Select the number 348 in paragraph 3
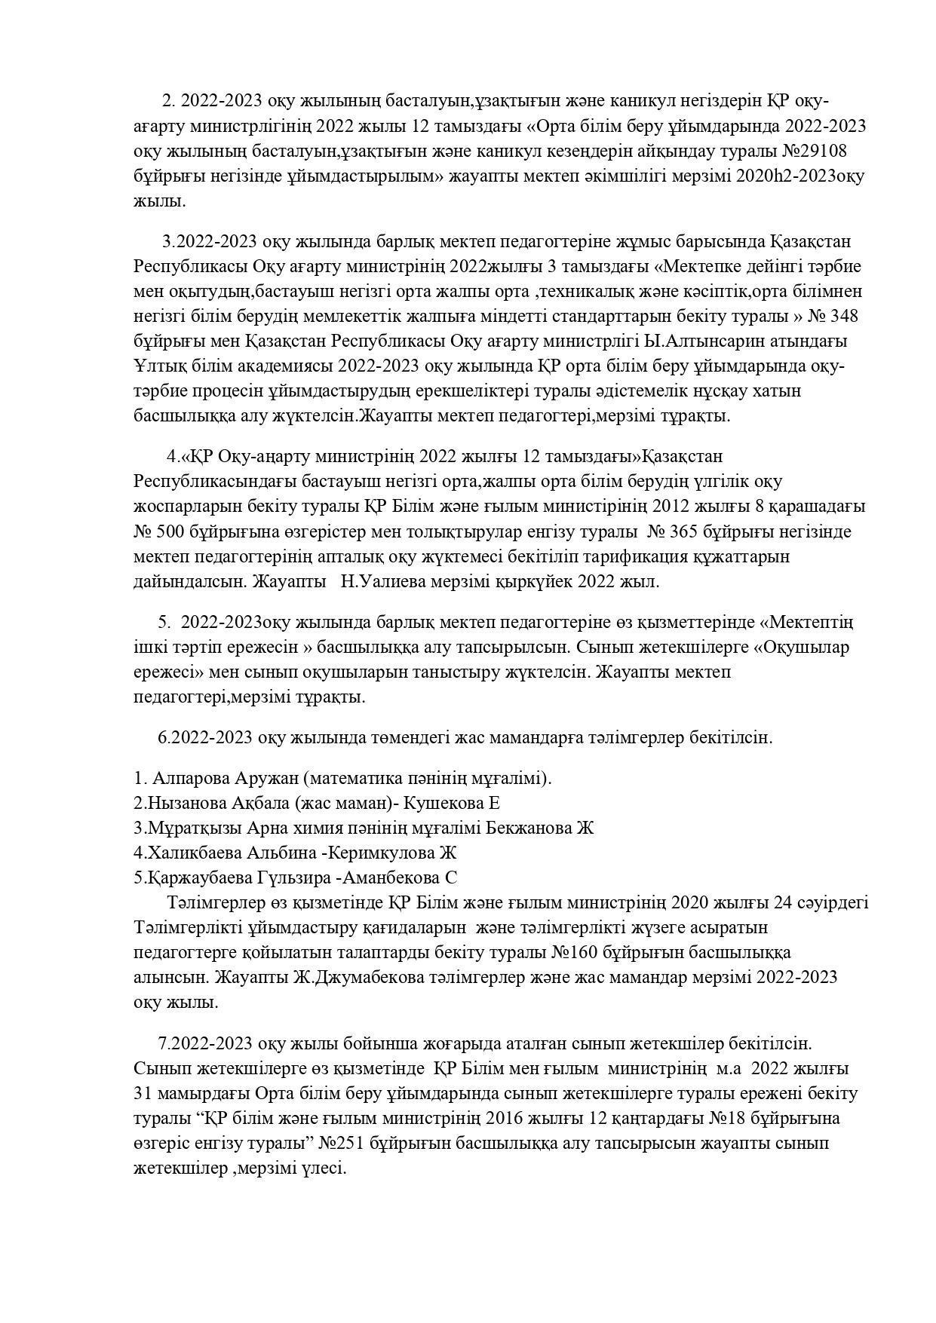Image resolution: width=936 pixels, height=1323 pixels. tap(842, 316)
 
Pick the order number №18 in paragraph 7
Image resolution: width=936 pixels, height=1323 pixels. tap(722, 1118)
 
